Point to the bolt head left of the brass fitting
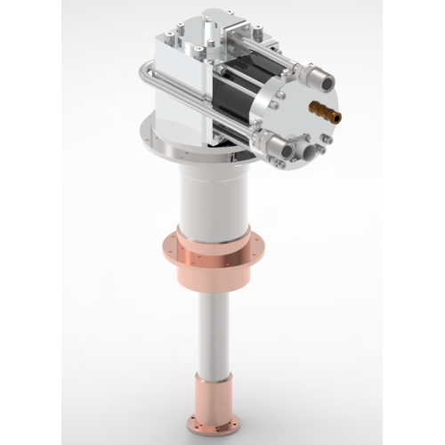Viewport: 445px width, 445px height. tap(279, 94)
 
